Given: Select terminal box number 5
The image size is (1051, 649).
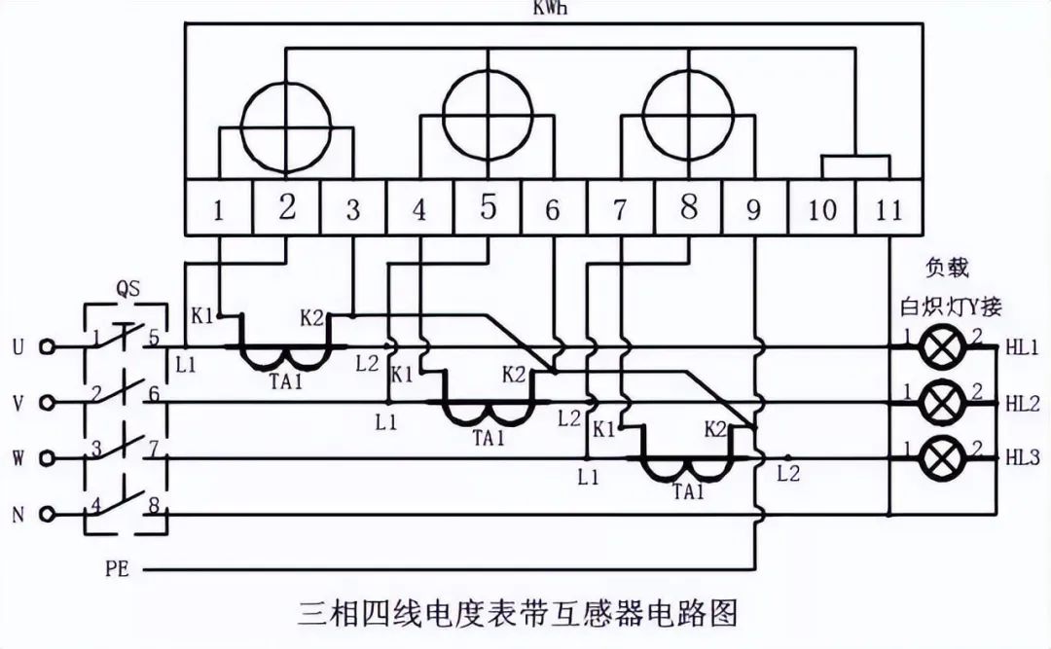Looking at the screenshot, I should (489, 208).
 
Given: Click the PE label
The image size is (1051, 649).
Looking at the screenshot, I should (118, 564).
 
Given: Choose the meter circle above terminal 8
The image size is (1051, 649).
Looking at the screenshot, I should (689, 119).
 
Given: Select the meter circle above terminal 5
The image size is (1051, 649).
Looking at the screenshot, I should (488, 119).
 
